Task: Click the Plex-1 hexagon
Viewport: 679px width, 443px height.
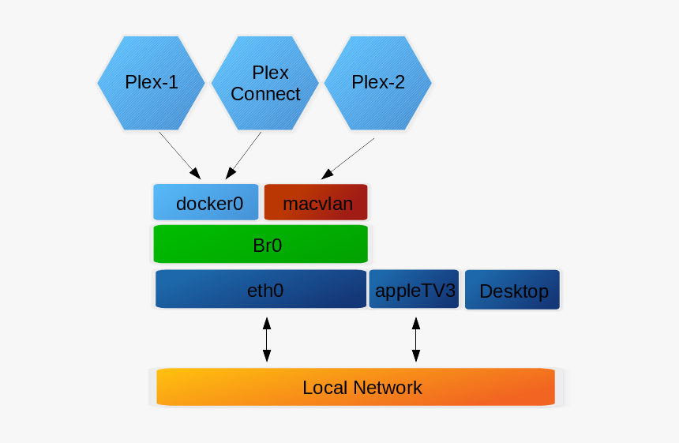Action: click(152, 83)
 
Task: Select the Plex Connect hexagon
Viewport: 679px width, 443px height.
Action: click(265, 83)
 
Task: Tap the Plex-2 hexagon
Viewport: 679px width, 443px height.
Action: click(378, 83)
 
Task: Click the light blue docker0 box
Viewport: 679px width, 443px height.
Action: click(206, 202)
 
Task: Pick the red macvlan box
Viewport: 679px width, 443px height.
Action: click(316, 202)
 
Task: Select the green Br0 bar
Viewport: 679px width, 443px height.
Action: click(261, 244)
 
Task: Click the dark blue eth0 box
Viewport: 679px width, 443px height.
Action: click(261, 290)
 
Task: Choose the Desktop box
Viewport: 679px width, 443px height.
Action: click(513, 291)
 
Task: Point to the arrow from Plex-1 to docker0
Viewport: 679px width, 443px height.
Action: click(179, 155)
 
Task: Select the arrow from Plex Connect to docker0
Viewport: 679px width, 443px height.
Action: click(244, 155)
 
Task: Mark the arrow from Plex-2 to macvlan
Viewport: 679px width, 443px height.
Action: click(348, 159)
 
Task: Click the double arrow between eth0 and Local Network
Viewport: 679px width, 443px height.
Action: click(267, 340)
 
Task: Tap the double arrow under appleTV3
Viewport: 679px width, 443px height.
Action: click(416, 340)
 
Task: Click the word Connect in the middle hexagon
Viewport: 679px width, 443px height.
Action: click(265, 94)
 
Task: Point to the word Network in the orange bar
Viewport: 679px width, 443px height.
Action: click(387, 388)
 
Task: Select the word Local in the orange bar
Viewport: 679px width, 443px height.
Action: click(324, 388)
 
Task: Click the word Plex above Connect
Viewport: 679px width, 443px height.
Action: click(270, 73)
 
